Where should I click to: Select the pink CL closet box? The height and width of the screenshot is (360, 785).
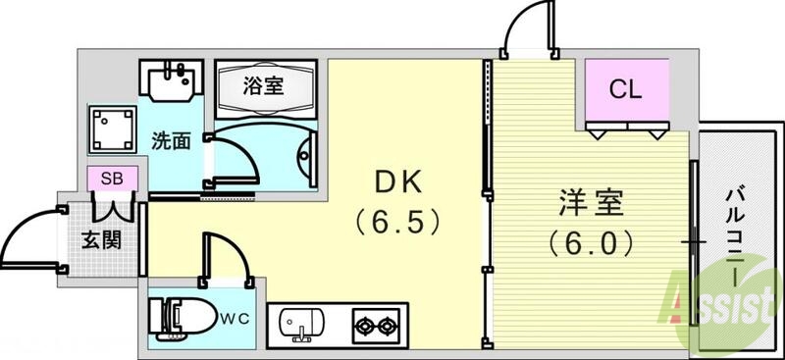[x=625, y=91]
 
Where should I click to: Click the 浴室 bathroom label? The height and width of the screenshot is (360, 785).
[x=264, y=84]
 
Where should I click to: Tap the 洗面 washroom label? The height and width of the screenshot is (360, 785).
[x=171, y=140]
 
